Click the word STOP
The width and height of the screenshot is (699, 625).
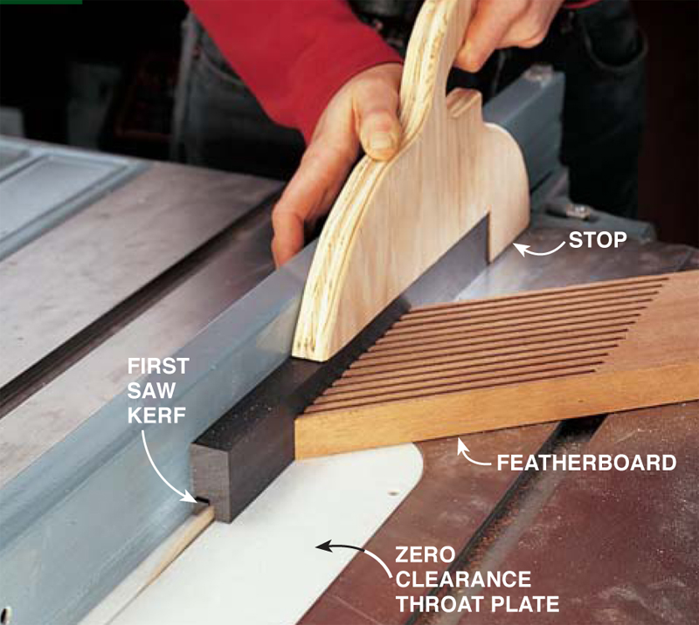point(598,240)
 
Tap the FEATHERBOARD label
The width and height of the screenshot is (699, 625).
point(586,464)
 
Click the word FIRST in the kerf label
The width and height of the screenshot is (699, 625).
point(158,366)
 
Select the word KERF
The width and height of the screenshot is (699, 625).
point(156,416)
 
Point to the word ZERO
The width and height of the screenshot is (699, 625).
point(426,555)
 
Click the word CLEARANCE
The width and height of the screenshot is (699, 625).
point(463,580)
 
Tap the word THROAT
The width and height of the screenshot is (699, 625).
point(440,605)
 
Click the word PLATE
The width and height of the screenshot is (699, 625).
point(525,605)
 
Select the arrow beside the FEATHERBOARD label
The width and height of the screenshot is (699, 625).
point(470,456)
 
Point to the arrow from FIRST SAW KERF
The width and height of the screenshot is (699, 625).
point(157,468)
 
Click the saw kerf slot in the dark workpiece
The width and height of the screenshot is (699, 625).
point(203,500)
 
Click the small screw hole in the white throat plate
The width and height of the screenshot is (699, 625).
point(392,493)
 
